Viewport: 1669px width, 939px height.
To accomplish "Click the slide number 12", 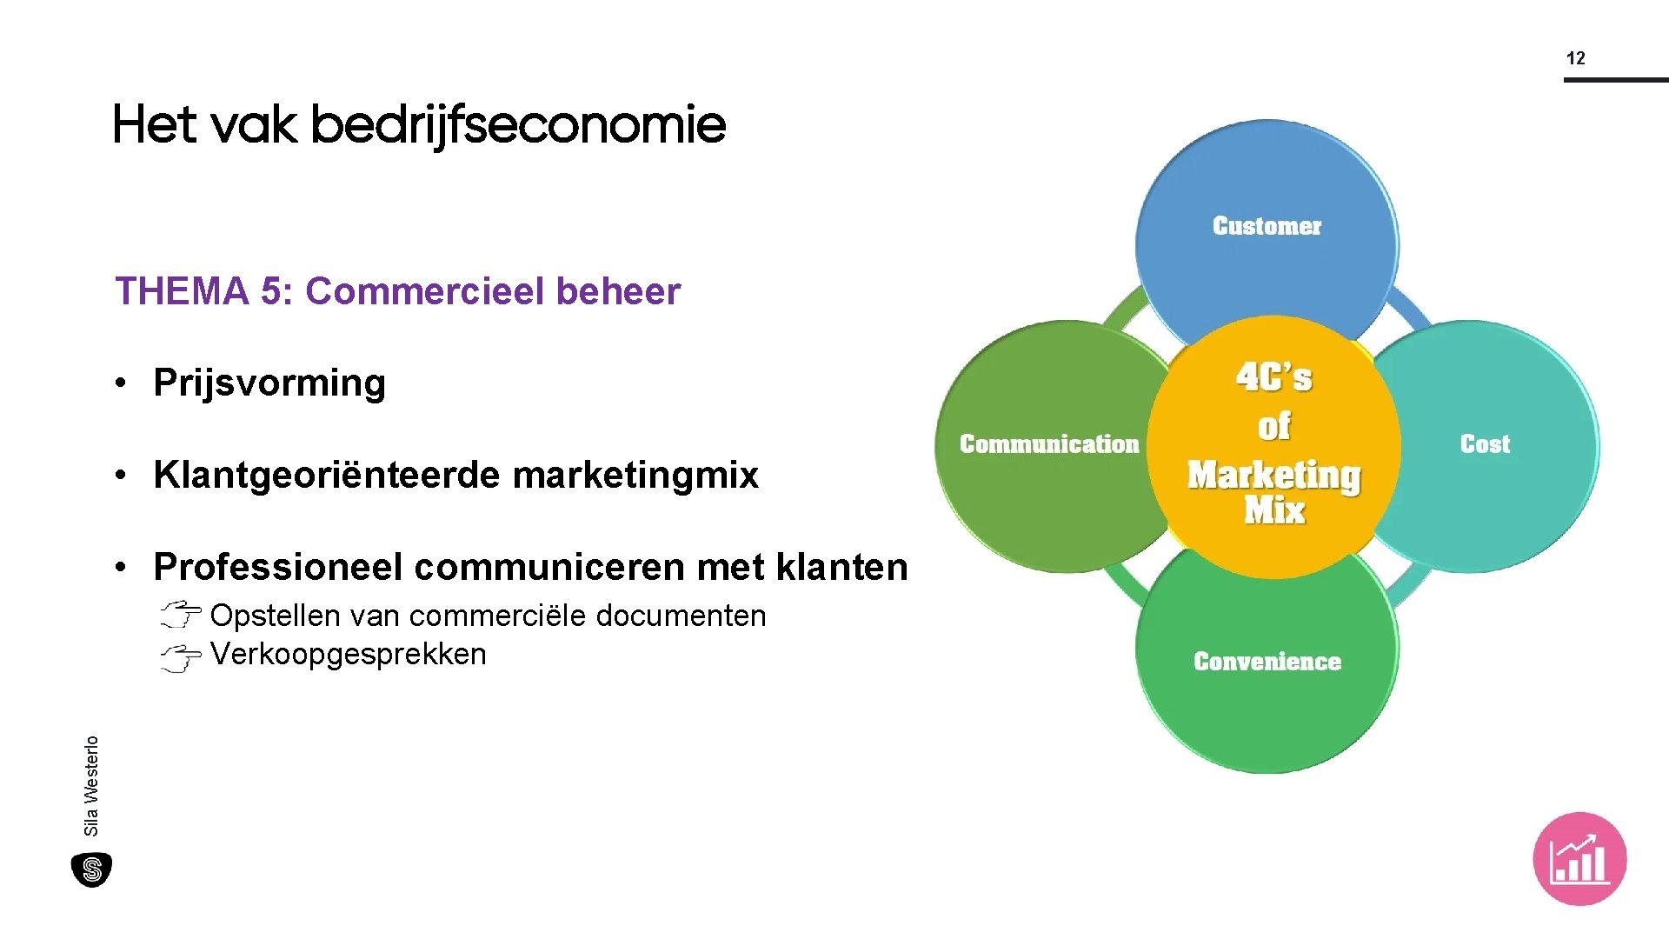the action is click(1575, 58).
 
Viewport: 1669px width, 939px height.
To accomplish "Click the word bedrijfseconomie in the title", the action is click(517, 124).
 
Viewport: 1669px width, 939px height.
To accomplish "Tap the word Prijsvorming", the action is click(269, 383).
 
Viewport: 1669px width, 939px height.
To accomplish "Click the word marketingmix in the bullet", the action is click(635, 475).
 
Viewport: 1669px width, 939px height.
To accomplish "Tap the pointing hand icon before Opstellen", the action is click(181, 615).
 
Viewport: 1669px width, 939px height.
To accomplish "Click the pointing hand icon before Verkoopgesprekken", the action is click(181, 657).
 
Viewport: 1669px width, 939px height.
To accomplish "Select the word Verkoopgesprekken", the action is click(348, 654).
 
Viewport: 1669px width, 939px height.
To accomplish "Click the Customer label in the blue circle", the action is click(1267, 226).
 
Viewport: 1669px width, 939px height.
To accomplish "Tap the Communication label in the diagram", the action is click(1048, 444).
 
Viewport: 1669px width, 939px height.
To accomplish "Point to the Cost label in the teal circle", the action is click(1485, 444).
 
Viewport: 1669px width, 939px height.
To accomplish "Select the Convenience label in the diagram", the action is click(1267, 662).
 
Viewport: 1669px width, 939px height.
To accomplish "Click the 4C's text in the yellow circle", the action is click(1273, 378).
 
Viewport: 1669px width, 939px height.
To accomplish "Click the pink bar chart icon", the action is click(1579, 859).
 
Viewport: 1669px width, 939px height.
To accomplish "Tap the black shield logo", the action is click(91, 869).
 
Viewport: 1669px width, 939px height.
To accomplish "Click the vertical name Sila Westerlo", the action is click(91, 785).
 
